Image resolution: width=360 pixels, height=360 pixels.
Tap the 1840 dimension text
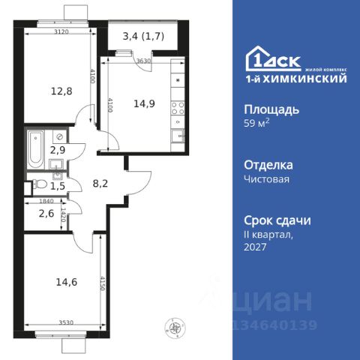pos(37,202)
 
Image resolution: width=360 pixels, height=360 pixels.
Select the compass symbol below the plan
pos(176,326)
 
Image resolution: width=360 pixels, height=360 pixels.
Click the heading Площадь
pos(271,109)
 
